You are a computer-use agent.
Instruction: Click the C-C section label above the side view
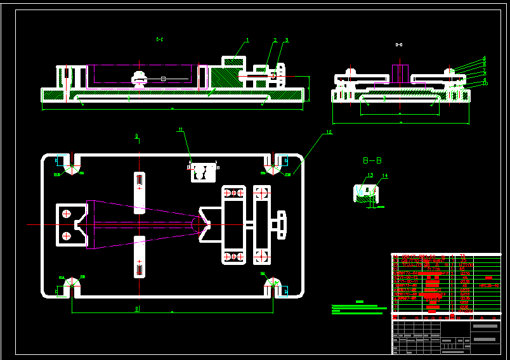pyautogui.click(x=160, y=40)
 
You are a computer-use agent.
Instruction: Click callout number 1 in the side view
pyautogui.click(x=247, y=40)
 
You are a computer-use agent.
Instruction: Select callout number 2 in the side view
pyautogui.click(x=275, y=40)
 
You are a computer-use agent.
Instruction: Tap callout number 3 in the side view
pyautogui.click(x=287, y=40)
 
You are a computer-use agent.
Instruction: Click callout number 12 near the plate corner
pyautogui.click(x=329, y=132)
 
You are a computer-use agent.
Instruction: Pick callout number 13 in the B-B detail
pyautogui.click(x=370, y=175)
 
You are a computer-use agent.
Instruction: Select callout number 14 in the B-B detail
pyautogui.click(x=384, y=176)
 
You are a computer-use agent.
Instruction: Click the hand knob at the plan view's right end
pyautogui.click(x=280, y=225)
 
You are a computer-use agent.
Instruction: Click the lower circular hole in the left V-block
pyautogui.click(x=65, y=236)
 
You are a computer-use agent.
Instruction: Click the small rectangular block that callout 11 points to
pyautogui.click(x=202, y=172)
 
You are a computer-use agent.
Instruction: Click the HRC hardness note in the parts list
pyautogui.click(x=489, y=285)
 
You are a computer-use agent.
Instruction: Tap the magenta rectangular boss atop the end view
pyautogui.click(x=400, y=73)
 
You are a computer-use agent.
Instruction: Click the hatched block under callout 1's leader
pyautogui.click(x=224, y=77)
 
